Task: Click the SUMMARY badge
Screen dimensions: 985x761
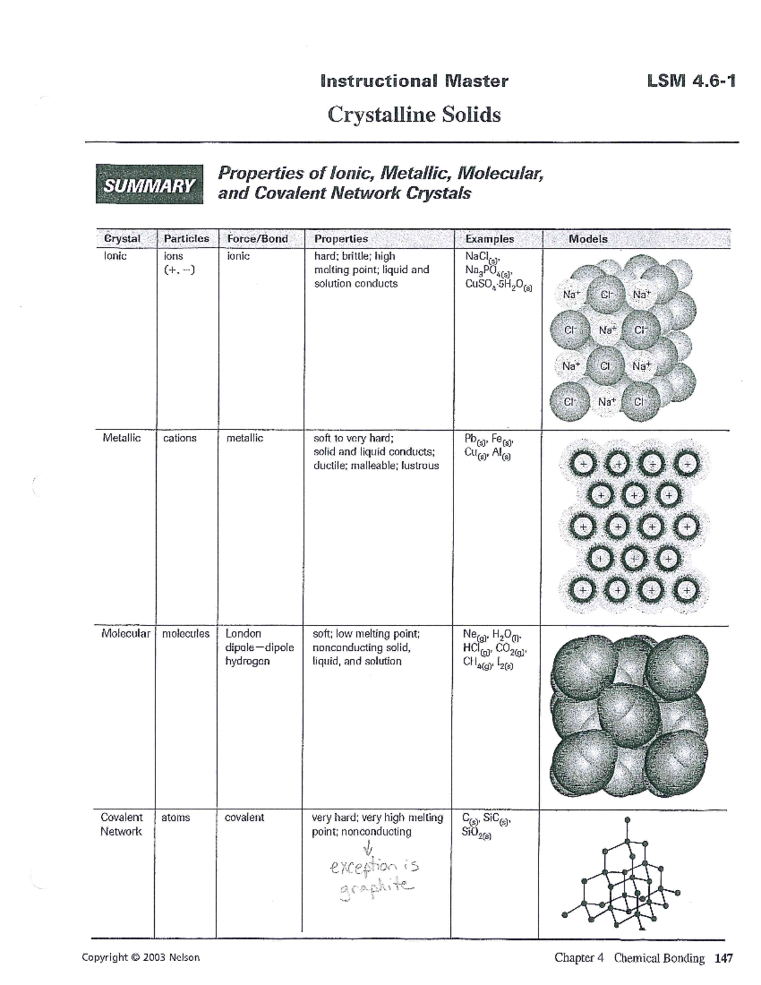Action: click(150, 185)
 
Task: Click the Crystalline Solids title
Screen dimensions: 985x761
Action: click(413, 115)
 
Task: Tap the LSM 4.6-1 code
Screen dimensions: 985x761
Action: click(691, 81)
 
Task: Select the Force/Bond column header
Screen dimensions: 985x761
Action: click(257, 239)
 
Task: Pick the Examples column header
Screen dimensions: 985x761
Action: click(489, 239)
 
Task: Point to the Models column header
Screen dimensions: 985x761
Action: click(588, 239)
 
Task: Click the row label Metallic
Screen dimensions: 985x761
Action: click(122, 438)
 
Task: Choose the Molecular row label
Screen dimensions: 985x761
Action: click(126, 634)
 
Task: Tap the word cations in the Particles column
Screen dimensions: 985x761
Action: click(179, 438)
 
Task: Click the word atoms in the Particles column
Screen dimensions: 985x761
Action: click(176, 818)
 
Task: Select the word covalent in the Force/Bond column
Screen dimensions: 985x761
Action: click(244, 818)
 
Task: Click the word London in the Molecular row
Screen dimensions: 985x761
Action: click(243, 634)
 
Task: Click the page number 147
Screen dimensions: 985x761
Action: click(723, 958)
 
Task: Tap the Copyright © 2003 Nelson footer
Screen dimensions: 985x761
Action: click(141, 958)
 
